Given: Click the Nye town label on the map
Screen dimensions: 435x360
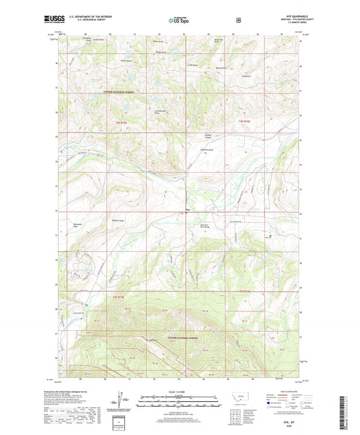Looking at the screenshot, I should pos(188,210).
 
